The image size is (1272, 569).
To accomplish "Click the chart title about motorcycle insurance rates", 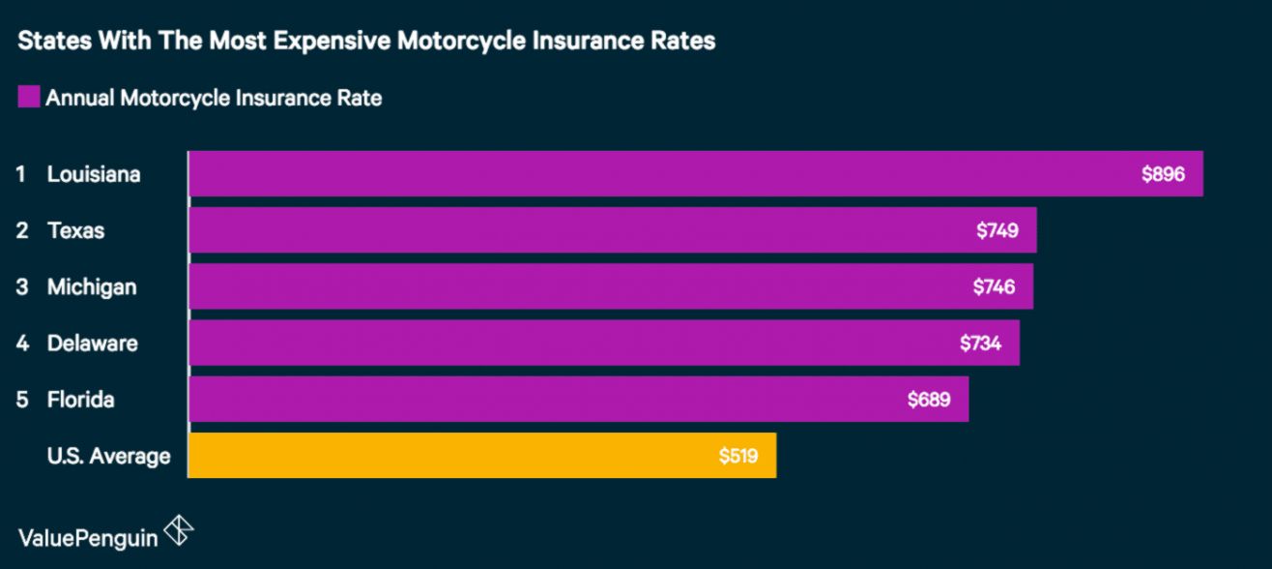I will pyautogui.click(x=366, y=42).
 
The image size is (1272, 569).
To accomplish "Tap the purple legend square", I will pyautogui.click(x=28, y=97).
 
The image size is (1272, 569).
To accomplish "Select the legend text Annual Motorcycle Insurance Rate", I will pyautogui.click(x=214, y=98).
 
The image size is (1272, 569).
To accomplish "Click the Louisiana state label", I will pyautogui.click(x=94, y=174).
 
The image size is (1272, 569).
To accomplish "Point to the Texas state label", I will pyautogui.click(x=75, y=230).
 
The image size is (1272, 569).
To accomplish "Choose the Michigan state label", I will pyautogui.click(x=92, y=286).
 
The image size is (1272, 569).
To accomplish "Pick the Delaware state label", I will pyautogui.click(x=92, y=343).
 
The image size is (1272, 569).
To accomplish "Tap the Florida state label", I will pyautogui.click(x=80, y=399).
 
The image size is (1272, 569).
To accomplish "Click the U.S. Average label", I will pyautogui.click(x=108, y=455).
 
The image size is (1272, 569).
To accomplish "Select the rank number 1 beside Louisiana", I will pyautogui.click(x=20, y=174).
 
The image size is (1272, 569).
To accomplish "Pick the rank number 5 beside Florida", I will pyautogui.click(x=21, y=399).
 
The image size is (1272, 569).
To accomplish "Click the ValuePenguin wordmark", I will pyautogui.click(x=88, y=538).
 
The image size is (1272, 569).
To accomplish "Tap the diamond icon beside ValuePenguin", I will pyautogui.click(x=179, y=530).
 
